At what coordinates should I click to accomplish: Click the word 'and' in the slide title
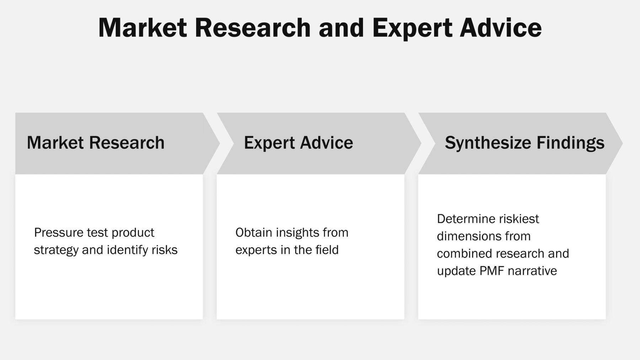341,28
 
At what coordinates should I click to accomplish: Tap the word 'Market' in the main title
143,28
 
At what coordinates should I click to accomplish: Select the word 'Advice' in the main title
501,28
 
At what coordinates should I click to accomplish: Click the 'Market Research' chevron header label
96,143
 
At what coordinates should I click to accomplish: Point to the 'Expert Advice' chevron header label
299,143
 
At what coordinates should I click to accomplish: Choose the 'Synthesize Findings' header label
525,143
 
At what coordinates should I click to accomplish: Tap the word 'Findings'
571,143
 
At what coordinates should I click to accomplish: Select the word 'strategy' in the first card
56,250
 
